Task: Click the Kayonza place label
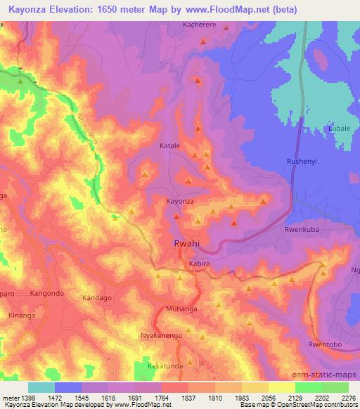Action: [179, 201]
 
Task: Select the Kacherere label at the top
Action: [202, 24]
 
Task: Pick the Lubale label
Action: [340, 129]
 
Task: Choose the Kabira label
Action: [200, 264]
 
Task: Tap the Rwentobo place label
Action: [324, 344]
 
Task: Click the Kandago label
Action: [98, 298]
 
